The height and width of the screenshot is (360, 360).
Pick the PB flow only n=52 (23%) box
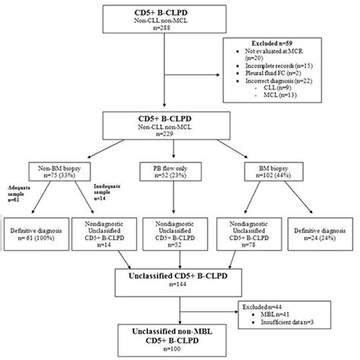[178, 171]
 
